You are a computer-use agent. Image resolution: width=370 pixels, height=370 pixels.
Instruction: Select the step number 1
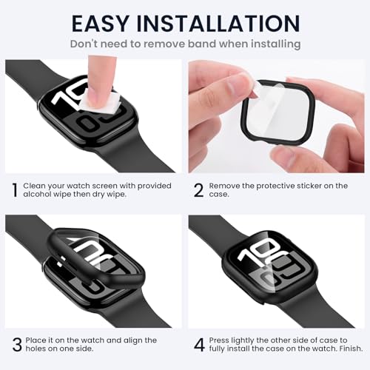tap(15, 190)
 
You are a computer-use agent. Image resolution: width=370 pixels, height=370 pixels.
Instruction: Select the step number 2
tap(198, 190)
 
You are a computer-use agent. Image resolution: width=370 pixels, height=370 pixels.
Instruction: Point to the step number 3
tap(15, 345)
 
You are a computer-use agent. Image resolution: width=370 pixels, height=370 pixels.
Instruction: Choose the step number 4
tap(198, 345)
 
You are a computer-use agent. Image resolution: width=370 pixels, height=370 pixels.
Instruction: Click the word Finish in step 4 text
tap(338, 349)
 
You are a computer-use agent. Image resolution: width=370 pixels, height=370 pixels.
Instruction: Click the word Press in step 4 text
tap(220, 340)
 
